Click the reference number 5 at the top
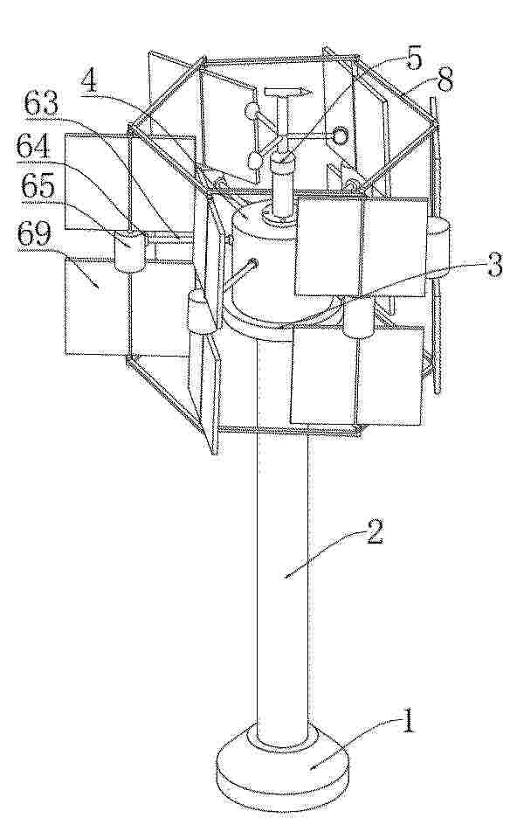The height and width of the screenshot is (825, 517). pyautogui.click(x=412, y=59)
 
